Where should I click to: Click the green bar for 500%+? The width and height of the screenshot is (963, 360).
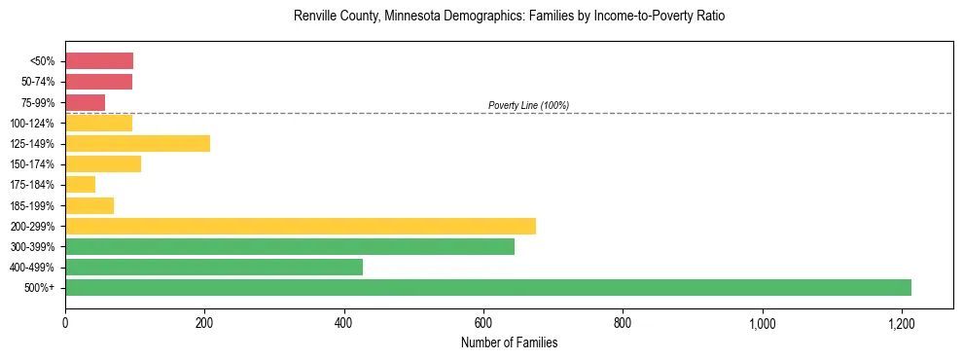[x=487, y=287]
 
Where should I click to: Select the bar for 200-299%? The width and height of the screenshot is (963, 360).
[x=300, y=226]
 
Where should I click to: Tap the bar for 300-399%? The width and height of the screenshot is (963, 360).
[x=289, y=246]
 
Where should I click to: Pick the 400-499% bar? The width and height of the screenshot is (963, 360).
[x=213, y=267]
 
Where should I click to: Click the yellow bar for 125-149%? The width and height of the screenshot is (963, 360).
[x=137, y=144]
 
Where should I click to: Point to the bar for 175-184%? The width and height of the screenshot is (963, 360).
[x=80, y=185]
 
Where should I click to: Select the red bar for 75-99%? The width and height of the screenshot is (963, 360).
[x=85, y=102]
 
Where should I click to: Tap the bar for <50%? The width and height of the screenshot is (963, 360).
[x=98, y=61]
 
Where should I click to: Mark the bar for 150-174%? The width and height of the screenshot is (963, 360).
[x=102, y=164]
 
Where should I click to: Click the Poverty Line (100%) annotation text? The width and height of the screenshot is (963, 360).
[x=528, y=105]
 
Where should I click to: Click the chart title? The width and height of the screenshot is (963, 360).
[x=509, y=17]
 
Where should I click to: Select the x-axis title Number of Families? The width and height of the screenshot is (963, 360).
[x=509, y=342]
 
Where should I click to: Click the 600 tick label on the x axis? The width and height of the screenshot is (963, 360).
[x=483, y=322]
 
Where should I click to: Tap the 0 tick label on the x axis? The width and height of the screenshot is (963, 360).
[x=65, y=322]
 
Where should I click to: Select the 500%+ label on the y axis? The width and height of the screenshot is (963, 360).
[x=42, y=288]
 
